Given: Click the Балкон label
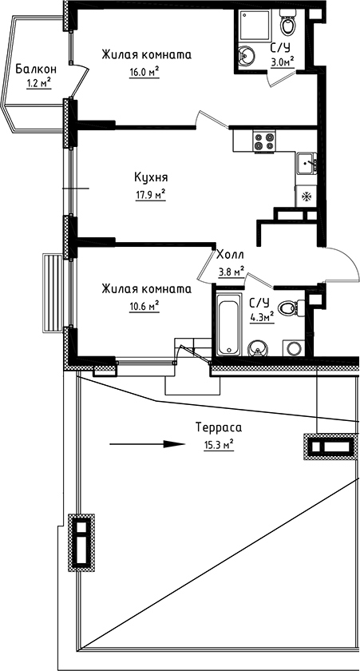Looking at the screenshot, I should click(x=34, y=69).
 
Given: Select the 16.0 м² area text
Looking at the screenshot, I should click(x=144, y=70).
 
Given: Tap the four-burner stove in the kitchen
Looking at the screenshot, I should click(x=264, y=141).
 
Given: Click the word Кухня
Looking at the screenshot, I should click(x=149, y=177).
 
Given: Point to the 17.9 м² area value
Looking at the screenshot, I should click(x=149, y=193).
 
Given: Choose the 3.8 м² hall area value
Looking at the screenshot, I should click(x=231, y=270).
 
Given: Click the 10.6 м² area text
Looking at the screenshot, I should click(x=144, y=304).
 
